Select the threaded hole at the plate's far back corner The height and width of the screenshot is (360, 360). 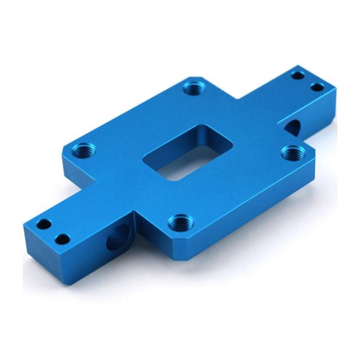192,88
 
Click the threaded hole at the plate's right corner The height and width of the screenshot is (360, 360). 291,152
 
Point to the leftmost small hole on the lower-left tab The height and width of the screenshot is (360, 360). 43,225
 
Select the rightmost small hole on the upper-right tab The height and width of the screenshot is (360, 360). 317,87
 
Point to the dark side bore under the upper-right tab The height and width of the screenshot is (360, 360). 293,127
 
